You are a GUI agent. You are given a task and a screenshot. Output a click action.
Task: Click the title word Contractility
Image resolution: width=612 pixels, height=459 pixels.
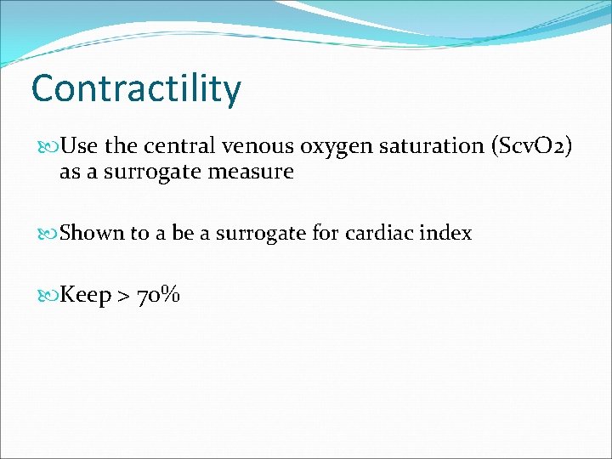136,88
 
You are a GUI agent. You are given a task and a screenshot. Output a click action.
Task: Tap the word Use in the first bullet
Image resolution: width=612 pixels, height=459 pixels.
79,146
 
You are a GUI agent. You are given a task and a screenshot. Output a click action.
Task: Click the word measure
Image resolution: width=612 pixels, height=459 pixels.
254,172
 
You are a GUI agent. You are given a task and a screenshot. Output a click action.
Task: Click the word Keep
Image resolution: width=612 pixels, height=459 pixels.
86,296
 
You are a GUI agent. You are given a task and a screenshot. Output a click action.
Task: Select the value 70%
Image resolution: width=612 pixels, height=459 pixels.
159,296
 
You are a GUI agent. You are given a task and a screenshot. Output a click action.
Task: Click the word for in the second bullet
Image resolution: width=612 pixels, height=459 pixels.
326,234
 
